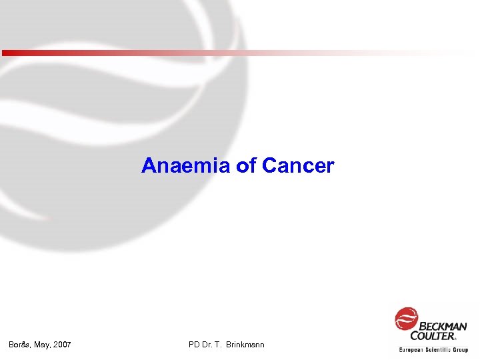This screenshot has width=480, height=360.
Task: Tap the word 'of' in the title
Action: [x=247, y=165]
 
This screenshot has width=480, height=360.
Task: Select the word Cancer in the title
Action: [x=298, y=165]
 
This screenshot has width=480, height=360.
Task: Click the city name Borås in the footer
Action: [x=19, y=345]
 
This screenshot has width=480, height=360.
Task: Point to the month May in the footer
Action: [x=43, y=345]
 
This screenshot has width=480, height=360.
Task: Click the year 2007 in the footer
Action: [x=62, y=345]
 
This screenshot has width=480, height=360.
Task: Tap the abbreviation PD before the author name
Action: [x=195, y=345]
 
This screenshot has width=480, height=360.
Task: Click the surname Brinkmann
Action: [x=245, y=345]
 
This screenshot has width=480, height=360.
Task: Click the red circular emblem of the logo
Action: [x=406, y=319]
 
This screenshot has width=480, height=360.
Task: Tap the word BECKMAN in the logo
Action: [x=442, y=326]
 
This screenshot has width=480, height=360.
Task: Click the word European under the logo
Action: [x=413, y=350]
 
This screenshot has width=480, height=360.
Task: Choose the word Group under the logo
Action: [x=461, y=350]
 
